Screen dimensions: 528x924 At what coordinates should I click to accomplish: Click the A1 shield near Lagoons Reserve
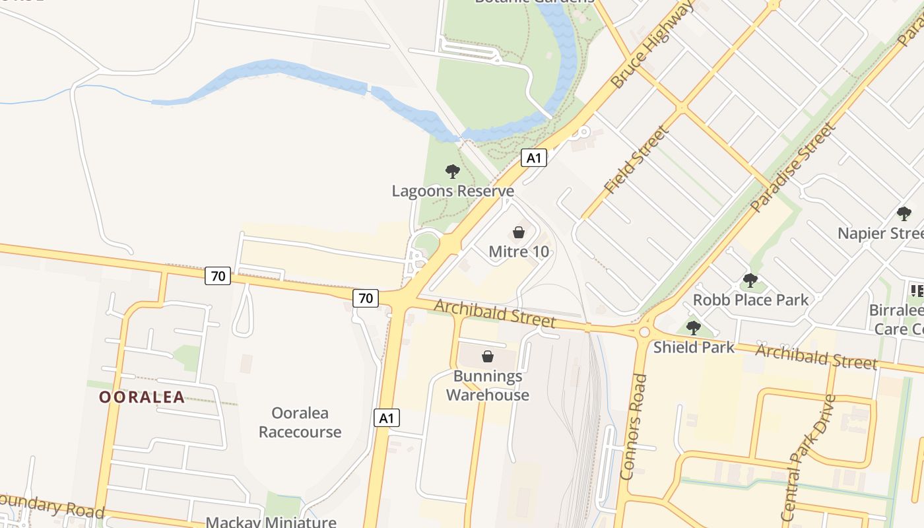point(534,158)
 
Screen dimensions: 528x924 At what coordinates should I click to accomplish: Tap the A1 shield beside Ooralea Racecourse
point(387,418)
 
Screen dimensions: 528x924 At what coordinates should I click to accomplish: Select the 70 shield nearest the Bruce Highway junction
point(366,298)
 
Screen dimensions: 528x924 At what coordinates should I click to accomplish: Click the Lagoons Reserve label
point(453,191)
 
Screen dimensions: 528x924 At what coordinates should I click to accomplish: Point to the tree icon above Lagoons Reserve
point(452,172)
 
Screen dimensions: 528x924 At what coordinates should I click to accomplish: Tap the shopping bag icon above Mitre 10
point(519,232)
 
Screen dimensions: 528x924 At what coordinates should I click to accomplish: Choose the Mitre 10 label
point(519,251)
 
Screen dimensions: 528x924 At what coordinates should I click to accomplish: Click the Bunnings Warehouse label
point(488,385)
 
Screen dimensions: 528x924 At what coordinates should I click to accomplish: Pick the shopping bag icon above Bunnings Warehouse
point(488,356)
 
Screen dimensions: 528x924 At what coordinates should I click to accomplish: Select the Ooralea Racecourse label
point(300,422)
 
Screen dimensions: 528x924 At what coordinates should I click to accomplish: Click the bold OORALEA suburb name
point(142,397)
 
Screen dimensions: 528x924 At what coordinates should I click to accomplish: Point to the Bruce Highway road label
point(652,44)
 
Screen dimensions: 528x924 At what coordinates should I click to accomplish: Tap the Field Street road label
point(636,160)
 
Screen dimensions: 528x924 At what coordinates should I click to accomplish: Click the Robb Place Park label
point(750,300)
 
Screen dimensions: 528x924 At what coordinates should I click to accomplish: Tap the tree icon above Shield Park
point(693,327)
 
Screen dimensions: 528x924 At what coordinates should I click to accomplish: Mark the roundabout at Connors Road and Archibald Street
point(643,332)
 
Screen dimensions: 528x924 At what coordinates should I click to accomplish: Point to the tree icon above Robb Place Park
point(750,280)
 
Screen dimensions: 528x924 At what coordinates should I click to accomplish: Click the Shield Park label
point(694,347)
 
